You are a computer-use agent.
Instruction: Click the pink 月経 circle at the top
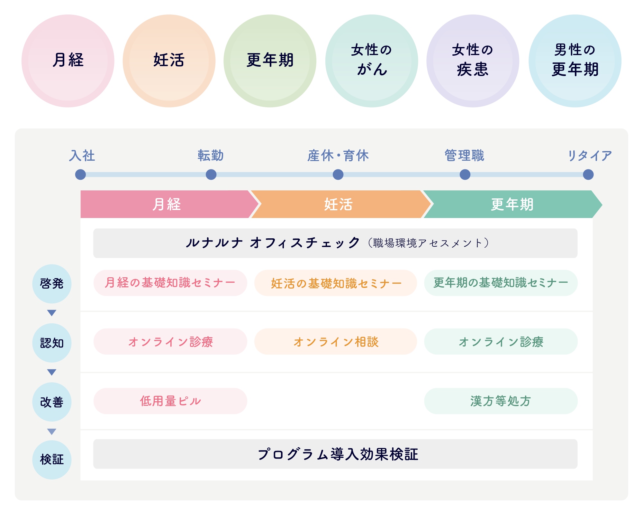click(x=68, y=61)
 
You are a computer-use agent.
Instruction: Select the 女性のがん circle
click(x=372, y=61)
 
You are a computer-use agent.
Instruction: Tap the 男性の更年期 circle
click(x=575, y=61)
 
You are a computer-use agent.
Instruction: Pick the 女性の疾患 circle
click(x=473, y=61)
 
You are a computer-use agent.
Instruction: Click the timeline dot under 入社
click(x=80, y=175)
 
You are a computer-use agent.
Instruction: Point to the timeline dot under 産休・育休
click(x=338, y=175)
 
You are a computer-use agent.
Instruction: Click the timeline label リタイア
click(x=589, y=156)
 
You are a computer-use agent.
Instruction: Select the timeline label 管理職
click(x=464, y=156)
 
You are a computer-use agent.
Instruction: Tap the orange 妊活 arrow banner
click(x=339, y=205)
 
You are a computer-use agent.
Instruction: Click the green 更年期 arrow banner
click(x=512, y=205)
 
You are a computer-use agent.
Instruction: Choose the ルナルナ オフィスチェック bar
click(x=335, y=243)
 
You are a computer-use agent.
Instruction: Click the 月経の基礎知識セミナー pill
click(x=170, y=283)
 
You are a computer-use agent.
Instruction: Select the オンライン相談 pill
click(x=335, y=342)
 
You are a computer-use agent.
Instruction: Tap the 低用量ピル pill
click(x=170, y=401)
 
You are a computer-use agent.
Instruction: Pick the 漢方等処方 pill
click(x=501, y=401)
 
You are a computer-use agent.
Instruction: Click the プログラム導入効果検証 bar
click(x=335, y=454)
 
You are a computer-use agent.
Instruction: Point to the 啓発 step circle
click(x=52, y=284)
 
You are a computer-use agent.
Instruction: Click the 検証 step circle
click(x=52, y=460)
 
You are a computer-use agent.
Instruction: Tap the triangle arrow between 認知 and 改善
click(x=52, y=372)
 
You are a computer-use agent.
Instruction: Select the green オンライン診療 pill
click(x=501, y=342)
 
